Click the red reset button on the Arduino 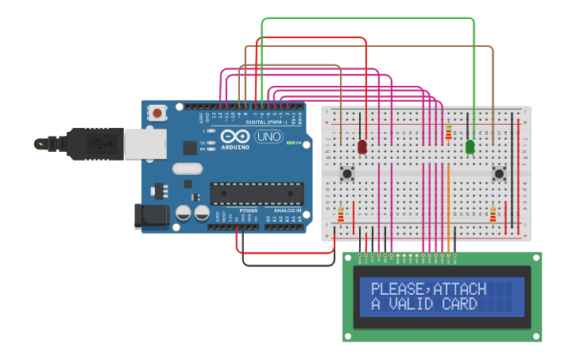(157, 113)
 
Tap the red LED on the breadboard (362, 146)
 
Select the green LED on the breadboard (470, 147)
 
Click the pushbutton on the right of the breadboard (499, 173)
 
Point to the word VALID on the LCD (415, 304)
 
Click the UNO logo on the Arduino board (269, 137)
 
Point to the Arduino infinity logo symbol (235, 136)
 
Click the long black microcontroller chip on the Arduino (257, 193)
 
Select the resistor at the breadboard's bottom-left (342, 215)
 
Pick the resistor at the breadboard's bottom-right (493, 215)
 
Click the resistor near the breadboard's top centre (448, 132)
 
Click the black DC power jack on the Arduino (151, 215)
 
